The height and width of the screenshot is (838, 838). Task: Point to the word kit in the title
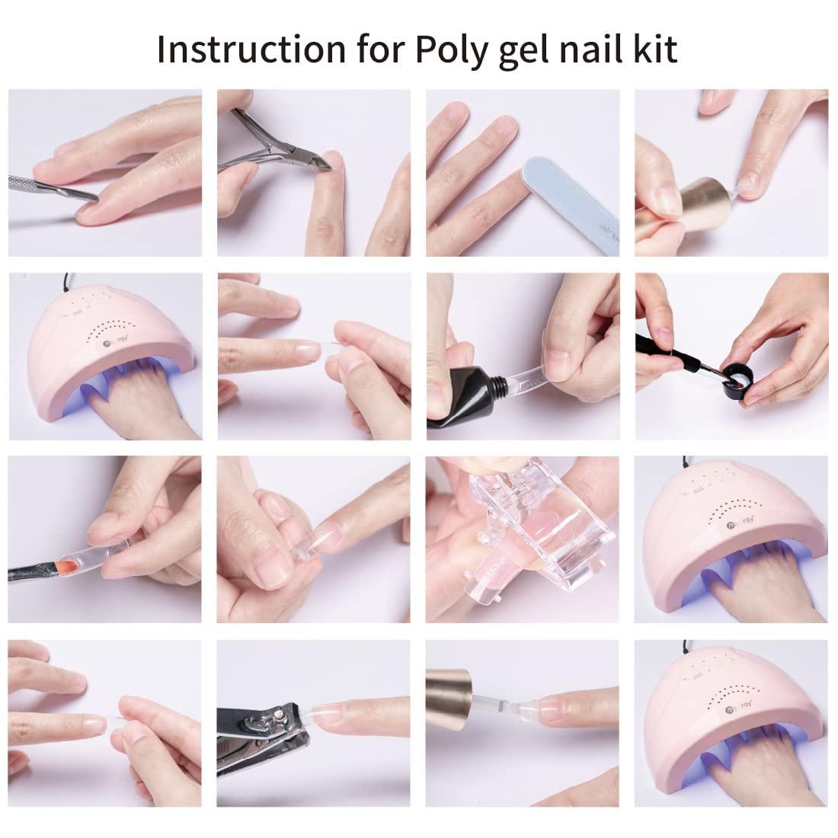point(656,49)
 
